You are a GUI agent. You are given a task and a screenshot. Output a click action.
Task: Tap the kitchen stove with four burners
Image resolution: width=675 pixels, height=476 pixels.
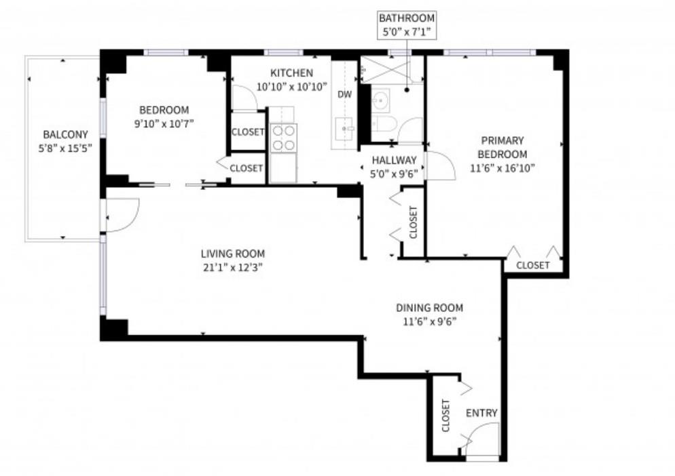[283, 138]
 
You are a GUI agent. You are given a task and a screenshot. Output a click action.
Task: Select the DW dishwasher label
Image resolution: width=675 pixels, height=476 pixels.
[345, 94]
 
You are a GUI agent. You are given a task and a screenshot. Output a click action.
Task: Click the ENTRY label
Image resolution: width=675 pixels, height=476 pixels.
[481, 413]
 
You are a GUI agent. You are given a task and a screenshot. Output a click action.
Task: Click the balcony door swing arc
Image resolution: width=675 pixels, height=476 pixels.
[123, 214]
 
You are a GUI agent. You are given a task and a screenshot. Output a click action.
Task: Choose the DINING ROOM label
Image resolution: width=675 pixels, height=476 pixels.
[429, 308]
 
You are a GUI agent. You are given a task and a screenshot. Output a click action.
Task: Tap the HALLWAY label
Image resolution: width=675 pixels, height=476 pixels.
[394, 161]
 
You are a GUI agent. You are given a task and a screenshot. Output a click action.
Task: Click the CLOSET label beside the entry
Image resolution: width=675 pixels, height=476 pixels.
[446, 416]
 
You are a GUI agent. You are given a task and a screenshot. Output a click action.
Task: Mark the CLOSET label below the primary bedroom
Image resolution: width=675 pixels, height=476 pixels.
[532, 265]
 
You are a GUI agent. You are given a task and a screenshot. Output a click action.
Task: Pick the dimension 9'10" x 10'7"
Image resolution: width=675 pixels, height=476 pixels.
[164, 123]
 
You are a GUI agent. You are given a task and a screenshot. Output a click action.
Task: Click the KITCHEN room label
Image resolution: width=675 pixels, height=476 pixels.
[291, 73]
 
